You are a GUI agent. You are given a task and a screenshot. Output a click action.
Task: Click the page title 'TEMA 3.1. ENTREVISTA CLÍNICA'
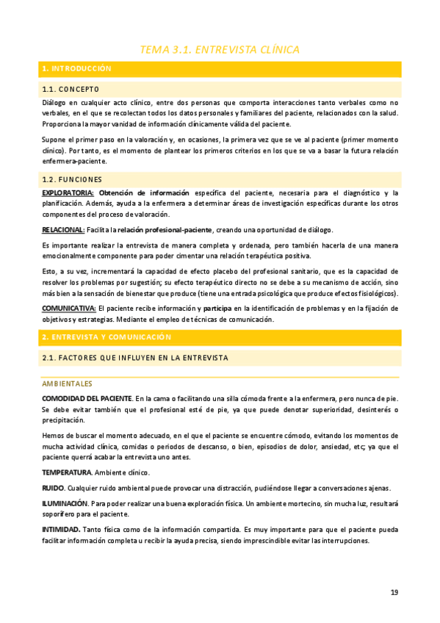(220, 50)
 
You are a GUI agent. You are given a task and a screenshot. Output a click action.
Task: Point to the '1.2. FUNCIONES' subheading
(72, 179)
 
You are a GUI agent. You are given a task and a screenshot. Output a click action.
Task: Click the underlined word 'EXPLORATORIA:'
(62, 192)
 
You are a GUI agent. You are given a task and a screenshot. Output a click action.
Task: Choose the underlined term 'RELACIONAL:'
(63, 230)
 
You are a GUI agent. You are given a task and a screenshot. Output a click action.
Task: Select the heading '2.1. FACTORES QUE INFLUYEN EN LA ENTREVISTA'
(135, 358)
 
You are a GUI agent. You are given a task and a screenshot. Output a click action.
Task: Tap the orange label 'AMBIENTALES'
(67, 383)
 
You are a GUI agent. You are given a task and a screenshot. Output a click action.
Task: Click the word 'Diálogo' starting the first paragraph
(55, 103)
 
